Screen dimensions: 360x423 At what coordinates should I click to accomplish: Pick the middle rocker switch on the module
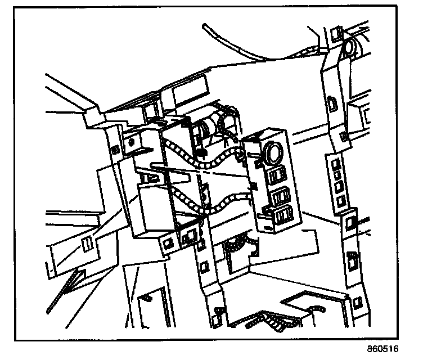point(280,196)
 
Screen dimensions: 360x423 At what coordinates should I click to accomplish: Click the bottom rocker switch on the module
point(283,214)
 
